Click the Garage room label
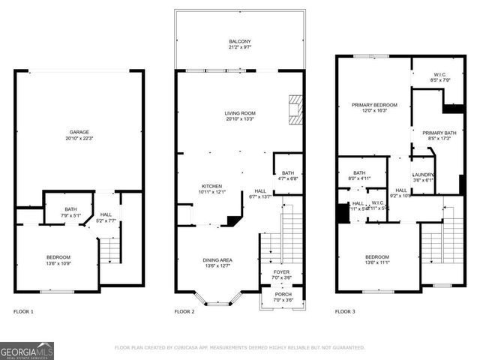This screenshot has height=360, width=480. pyautogui.click(x=79, y=135)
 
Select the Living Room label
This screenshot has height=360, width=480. pyautogui.click(x=240, y=116)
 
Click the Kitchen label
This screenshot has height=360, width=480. pyautogui.click(x=212, y=189)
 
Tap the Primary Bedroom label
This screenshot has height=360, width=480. pyautogui.click(x=374, y=107)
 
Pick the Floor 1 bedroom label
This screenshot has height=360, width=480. pyautogui.click(x=58, y=260)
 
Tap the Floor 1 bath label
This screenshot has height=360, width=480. pyautogui.click(x=70, y=212)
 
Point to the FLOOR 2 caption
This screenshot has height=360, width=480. pyautogui.click(x=184, y=310)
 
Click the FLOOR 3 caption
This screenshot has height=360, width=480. pyautogui.click(x=345, y=310)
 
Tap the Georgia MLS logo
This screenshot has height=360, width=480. pyautogui.click(x=27, y=350)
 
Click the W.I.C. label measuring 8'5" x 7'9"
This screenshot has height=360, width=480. pyautogui.click(x=440, y=77)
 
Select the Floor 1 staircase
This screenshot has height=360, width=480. pyautogui.click(x=110, y=247)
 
